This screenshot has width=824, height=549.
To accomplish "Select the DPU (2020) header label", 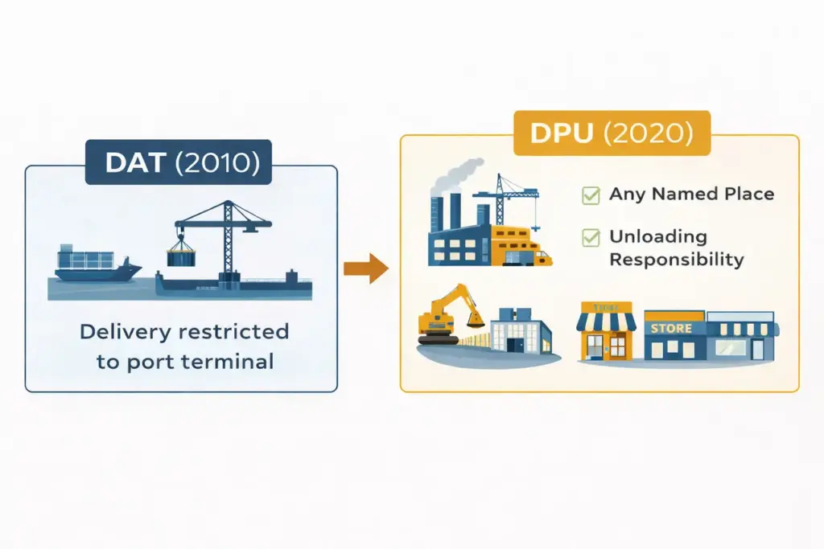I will point(612,133).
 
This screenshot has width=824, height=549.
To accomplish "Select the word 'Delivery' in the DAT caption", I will point(126,331).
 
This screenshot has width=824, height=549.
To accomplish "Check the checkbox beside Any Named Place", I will point(591,195).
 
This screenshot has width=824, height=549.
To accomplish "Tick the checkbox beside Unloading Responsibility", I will point(591,237).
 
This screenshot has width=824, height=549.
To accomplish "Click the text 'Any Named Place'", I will point(691,194).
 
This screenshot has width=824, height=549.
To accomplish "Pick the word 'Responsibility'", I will point(676,260).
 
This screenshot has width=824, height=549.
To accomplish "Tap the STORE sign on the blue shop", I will point(670,328).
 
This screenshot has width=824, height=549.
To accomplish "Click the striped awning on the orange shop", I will point(606,322).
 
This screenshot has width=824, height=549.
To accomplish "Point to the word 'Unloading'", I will point(657,237).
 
